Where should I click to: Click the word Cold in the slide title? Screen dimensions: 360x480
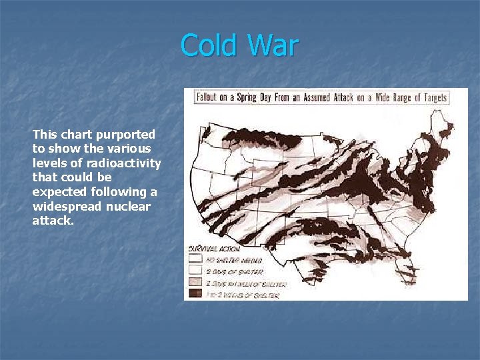pyautogui.click(x=208, y=46)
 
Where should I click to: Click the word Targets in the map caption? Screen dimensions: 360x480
pyautogui.click(x=429, y=97)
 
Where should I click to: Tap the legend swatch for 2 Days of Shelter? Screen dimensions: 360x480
pyautogui.click(x=195, y=271)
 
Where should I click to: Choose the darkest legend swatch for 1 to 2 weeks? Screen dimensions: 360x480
pyautogui.click(x=195, y=293)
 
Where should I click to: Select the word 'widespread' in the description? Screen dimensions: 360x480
pyautogui.click(x=64, y=207)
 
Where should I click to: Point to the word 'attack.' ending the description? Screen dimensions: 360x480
pyautogui.click(x=53, y=221)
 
